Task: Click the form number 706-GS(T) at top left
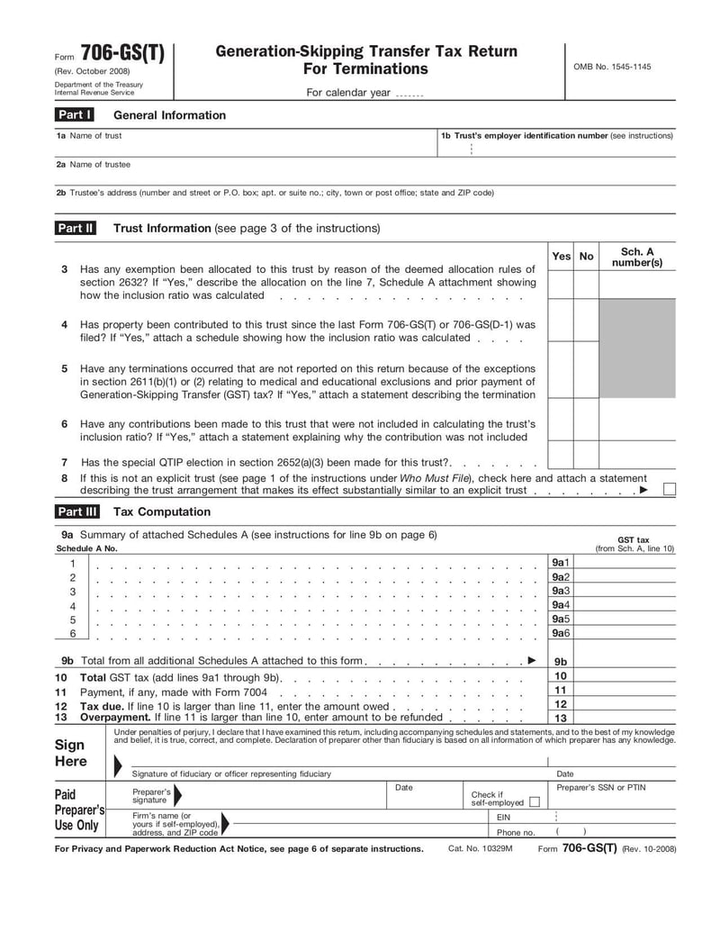122,54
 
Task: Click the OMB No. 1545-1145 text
612,67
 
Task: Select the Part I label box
75,115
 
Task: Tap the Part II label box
76,229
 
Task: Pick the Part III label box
76,512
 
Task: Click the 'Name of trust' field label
89,136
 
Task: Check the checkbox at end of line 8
669,490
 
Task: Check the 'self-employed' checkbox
535,801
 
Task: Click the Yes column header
561,257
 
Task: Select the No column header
587,257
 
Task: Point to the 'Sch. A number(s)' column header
637,258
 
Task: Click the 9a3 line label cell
561,591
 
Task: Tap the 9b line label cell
561,661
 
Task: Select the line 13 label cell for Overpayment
561,719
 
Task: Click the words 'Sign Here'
70,753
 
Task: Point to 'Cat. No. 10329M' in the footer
480,849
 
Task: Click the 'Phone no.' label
516,833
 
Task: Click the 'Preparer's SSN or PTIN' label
600,788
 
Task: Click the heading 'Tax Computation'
162,512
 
